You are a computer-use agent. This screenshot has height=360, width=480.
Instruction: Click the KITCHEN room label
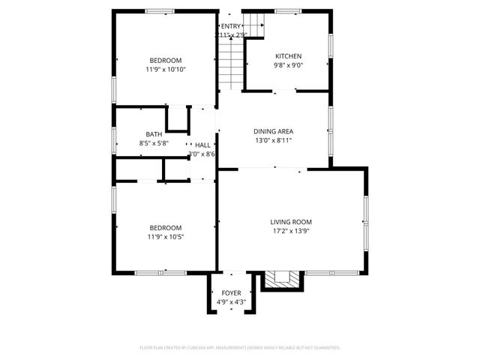288,56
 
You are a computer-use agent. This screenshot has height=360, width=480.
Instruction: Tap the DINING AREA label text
273,130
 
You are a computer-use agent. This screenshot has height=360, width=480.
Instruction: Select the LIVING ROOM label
291,222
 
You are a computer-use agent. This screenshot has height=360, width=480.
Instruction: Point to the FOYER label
231,293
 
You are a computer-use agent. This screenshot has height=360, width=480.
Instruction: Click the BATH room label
154,134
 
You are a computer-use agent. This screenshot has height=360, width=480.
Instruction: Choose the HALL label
202,145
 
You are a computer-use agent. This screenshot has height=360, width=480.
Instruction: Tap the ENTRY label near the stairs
231,26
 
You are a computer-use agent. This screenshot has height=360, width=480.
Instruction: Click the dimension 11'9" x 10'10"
166,69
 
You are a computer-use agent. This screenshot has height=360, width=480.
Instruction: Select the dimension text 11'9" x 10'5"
165,237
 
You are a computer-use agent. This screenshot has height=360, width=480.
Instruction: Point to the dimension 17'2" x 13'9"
291,231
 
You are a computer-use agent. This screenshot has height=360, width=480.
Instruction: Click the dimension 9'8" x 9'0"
288,65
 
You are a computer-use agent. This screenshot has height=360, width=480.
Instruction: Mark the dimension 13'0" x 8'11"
273,139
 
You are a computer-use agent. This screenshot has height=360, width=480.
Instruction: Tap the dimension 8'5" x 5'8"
154,143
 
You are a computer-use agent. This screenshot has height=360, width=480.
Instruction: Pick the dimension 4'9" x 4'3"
231,302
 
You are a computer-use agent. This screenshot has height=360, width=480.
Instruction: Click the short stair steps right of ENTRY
254,25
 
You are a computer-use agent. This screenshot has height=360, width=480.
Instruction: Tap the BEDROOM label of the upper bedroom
165,60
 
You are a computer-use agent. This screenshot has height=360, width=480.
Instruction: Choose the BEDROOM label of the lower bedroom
165,228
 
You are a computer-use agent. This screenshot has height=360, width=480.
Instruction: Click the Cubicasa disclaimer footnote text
240,348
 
